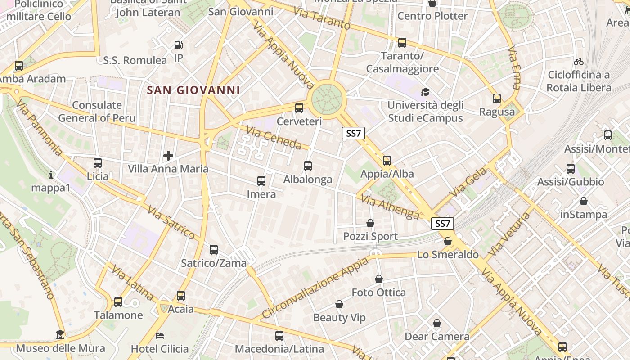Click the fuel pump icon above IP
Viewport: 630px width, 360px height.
179,45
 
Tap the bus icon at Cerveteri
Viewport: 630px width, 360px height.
299,108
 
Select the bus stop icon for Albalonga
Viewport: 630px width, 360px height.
308,166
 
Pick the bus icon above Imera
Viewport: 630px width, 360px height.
261,181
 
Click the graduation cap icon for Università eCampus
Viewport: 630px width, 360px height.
425,92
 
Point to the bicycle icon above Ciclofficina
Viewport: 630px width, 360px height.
579,62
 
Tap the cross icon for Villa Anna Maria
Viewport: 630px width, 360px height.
168,156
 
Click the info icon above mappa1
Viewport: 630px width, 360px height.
51,175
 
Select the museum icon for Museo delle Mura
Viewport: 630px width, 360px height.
60,335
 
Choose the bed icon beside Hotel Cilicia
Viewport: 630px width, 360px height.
160,335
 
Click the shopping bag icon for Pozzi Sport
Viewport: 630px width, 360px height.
370,223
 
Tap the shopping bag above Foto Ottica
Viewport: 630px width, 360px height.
379,279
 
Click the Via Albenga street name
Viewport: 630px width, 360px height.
390,208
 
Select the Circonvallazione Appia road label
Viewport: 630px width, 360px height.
315,288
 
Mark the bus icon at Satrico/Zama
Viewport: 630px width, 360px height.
214,249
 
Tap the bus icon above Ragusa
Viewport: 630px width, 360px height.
497,99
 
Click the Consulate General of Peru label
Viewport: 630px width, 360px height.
97,112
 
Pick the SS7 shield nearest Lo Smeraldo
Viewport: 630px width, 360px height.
442,224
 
